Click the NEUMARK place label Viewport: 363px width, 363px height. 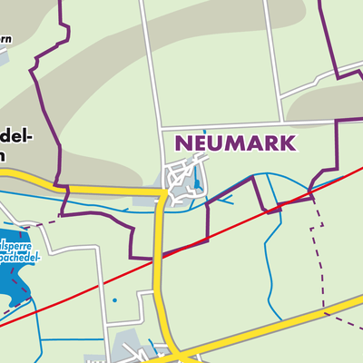pos(235,143)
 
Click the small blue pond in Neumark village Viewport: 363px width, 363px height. pos(196,186)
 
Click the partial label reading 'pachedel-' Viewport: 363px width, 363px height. pos(20,259)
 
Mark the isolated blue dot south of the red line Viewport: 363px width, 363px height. pos(114,299)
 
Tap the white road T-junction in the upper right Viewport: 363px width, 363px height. pos(280,94)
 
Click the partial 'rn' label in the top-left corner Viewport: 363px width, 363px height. pos(5,39)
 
